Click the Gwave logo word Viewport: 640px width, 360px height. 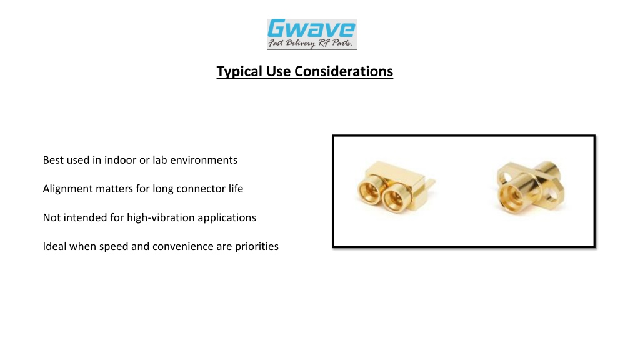tap(311, 29)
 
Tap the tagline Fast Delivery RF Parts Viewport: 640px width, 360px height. tap(310, 43)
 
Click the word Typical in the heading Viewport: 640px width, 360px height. tap(239, 71)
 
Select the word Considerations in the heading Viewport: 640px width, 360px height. tap(344, 71)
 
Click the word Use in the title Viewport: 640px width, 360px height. tap(278, 71)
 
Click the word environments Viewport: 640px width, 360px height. tap(204, 160)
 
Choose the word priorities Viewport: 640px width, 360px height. tap(257, 246)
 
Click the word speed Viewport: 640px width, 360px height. tap(114, 247)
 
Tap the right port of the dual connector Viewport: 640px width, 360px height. tap(394, 198)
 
